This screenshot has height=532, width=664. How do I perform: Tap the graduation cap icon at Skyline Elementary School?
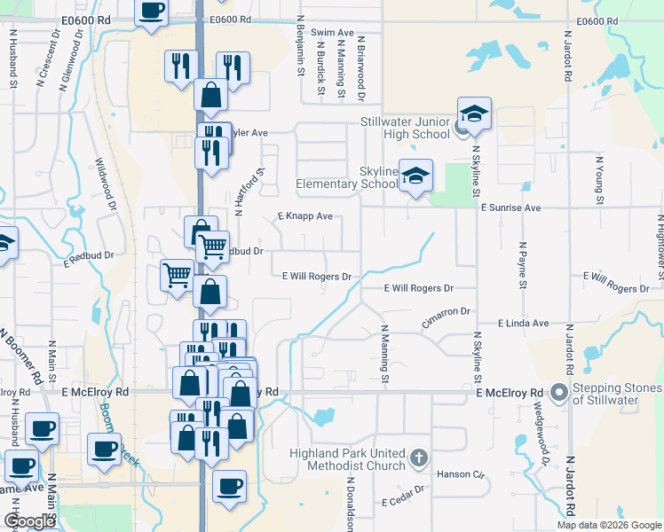(x=415, y=175)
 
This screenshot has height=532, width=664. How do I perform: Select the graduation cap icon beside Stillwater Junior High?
(x=474, y=113)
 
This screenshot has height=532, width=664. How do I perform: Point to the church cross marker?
(x=421, y=459)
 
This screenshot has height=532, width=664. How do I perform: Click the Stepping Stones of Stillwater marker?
(x=558, y=392)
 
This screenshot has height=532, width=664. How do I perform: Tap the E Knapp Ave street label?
(x=304, y=216)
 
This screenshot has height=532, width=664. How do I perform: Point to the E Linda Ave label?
(x=523, y=324)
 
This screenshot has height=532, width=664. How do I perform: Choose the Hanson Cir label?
(x=460, y=474)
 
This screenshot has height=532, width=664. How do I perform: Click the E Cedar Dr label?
(x=405, y=503)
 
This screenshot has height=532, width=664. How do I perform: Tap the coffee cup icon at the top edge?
(x=151, y=12)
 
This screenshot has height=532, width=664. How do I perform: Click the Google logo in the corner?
(x=29, y=521)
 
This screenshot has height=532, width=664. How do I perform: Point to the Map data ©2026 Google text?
(x=608, y=525)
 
